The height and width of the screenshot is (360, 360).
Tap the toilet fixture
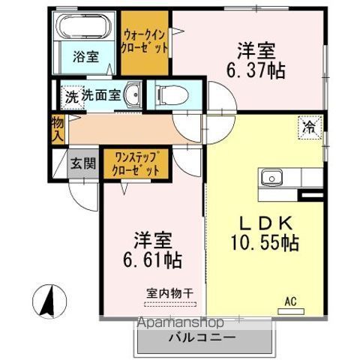click(172, 94)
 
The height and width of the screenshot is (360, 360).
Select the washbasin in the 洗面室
click(132, 94)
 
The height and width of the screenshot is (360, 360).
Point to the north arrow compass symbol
click(49, 301)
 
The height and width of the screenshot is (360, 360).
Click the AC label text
click(291, 301)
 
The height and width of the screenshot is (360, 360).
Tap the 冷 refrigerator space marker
click(310, 127)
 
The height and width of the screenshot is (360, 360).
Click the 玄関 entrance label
click(83, 163)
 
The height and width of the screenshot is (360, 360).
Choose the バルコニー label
click(202, 338)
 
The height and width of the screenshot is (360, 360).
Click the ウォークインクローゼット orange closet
click(145, 43)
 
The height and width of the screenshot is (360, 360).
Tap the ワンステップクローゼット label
click(136, 164)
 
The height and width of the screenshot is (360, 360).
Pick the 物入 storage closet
click(58, 129)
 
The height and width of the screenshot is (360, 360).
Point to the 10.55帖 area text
click(265, 243)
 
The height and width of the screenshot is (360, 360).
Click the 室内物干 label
click(170, 293)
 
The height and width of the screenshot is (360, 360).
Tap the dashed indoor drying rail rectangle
click(170, 304)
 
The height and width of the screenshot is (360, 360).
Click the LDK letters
click(266, 223)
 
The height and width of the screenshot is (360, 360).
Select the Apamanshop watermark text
click(180, 322)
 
